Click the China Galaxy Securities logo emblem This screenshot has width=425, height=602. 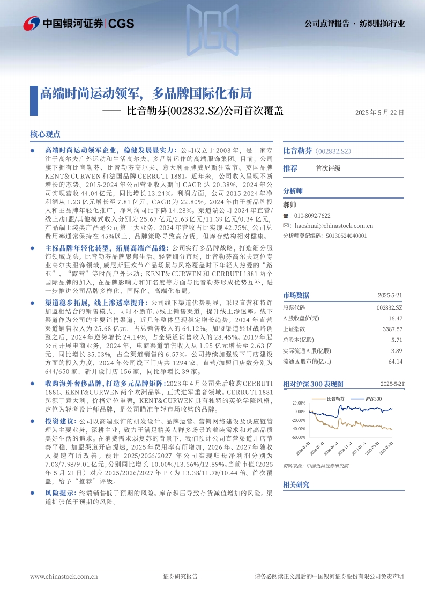pos(32,23)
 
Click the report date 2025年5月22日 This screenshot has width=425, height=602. pos(379,113)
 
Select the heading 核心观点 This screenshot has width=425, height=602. pos(45,134)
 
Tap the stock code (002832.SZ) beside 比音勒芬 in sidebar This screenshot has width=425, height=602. pos(333,151)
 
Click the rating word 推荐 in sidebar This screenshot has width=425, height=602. pos(290,168)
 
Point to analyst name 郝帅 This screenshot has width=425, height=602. pos(289,204)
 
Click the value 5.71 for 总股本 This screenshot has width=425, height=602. pos(397,340)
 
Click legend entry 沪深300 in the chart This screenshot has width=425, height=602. pos(374,399)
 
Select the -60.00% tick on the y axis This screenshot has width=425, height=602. pos(299,437)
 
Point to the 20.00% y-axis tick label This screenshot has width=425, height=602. pos(300,403)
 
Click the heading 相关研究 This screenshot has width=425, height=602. pos(296,484)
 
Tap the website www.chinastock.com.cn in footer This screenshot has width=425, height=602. pos(64,577)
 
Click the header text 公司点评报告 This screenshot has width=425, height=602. pos(326,24)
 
